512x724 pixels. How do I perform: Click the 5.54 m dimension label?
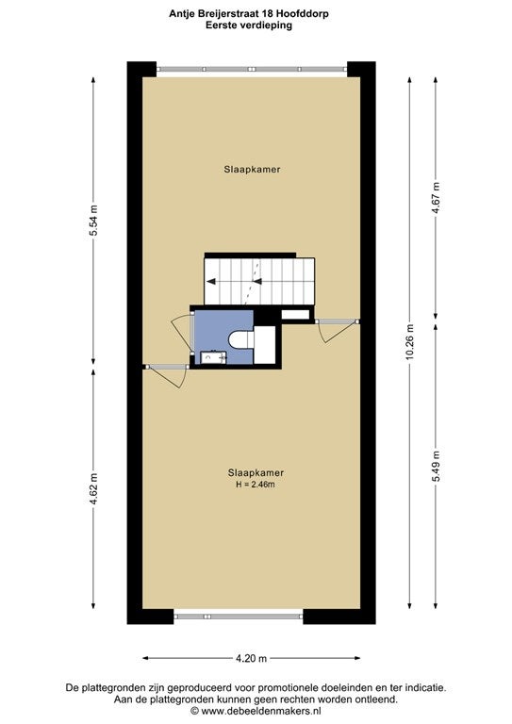(x=93, y=221)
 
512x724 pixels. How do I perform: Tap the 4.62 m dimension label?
(x=93, y=489)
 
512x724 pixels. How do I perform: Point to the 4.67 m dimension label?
(x=436, y=199)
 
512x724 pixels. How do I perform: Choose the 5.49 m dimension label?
(x=436, y=466)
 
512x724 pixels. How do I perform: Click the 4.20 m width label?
(x=251, y=659)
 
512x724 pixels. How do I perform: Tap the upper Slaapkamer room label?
(x=252, y=170)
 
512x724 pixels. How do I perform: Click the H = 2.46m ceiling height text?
(x=256, y=485)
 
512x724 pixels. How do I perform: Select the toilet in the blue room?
(x=241, y=339)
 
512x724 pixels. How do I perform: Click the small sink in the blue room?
(x=213, y=357)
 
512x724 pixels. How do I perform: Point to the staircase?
(x=259, y=281)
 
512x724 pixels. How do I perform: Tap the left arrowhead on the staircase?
(x=211, y=281)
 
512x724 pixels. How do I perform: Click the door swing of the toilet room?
(x=181, y=330)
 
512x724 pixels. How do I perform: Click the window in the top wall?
(x=252, y=69)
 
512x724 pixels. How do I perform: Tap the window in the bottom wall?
(x=239, y=617)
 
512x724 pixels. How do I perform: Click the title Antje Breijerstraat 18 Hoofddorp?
(x=249, y=14)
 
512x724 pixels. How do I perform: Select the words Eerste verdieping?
(x=249, y=25)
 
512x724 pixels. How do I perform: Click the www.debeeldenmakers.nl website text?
(x=261, y=711)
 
